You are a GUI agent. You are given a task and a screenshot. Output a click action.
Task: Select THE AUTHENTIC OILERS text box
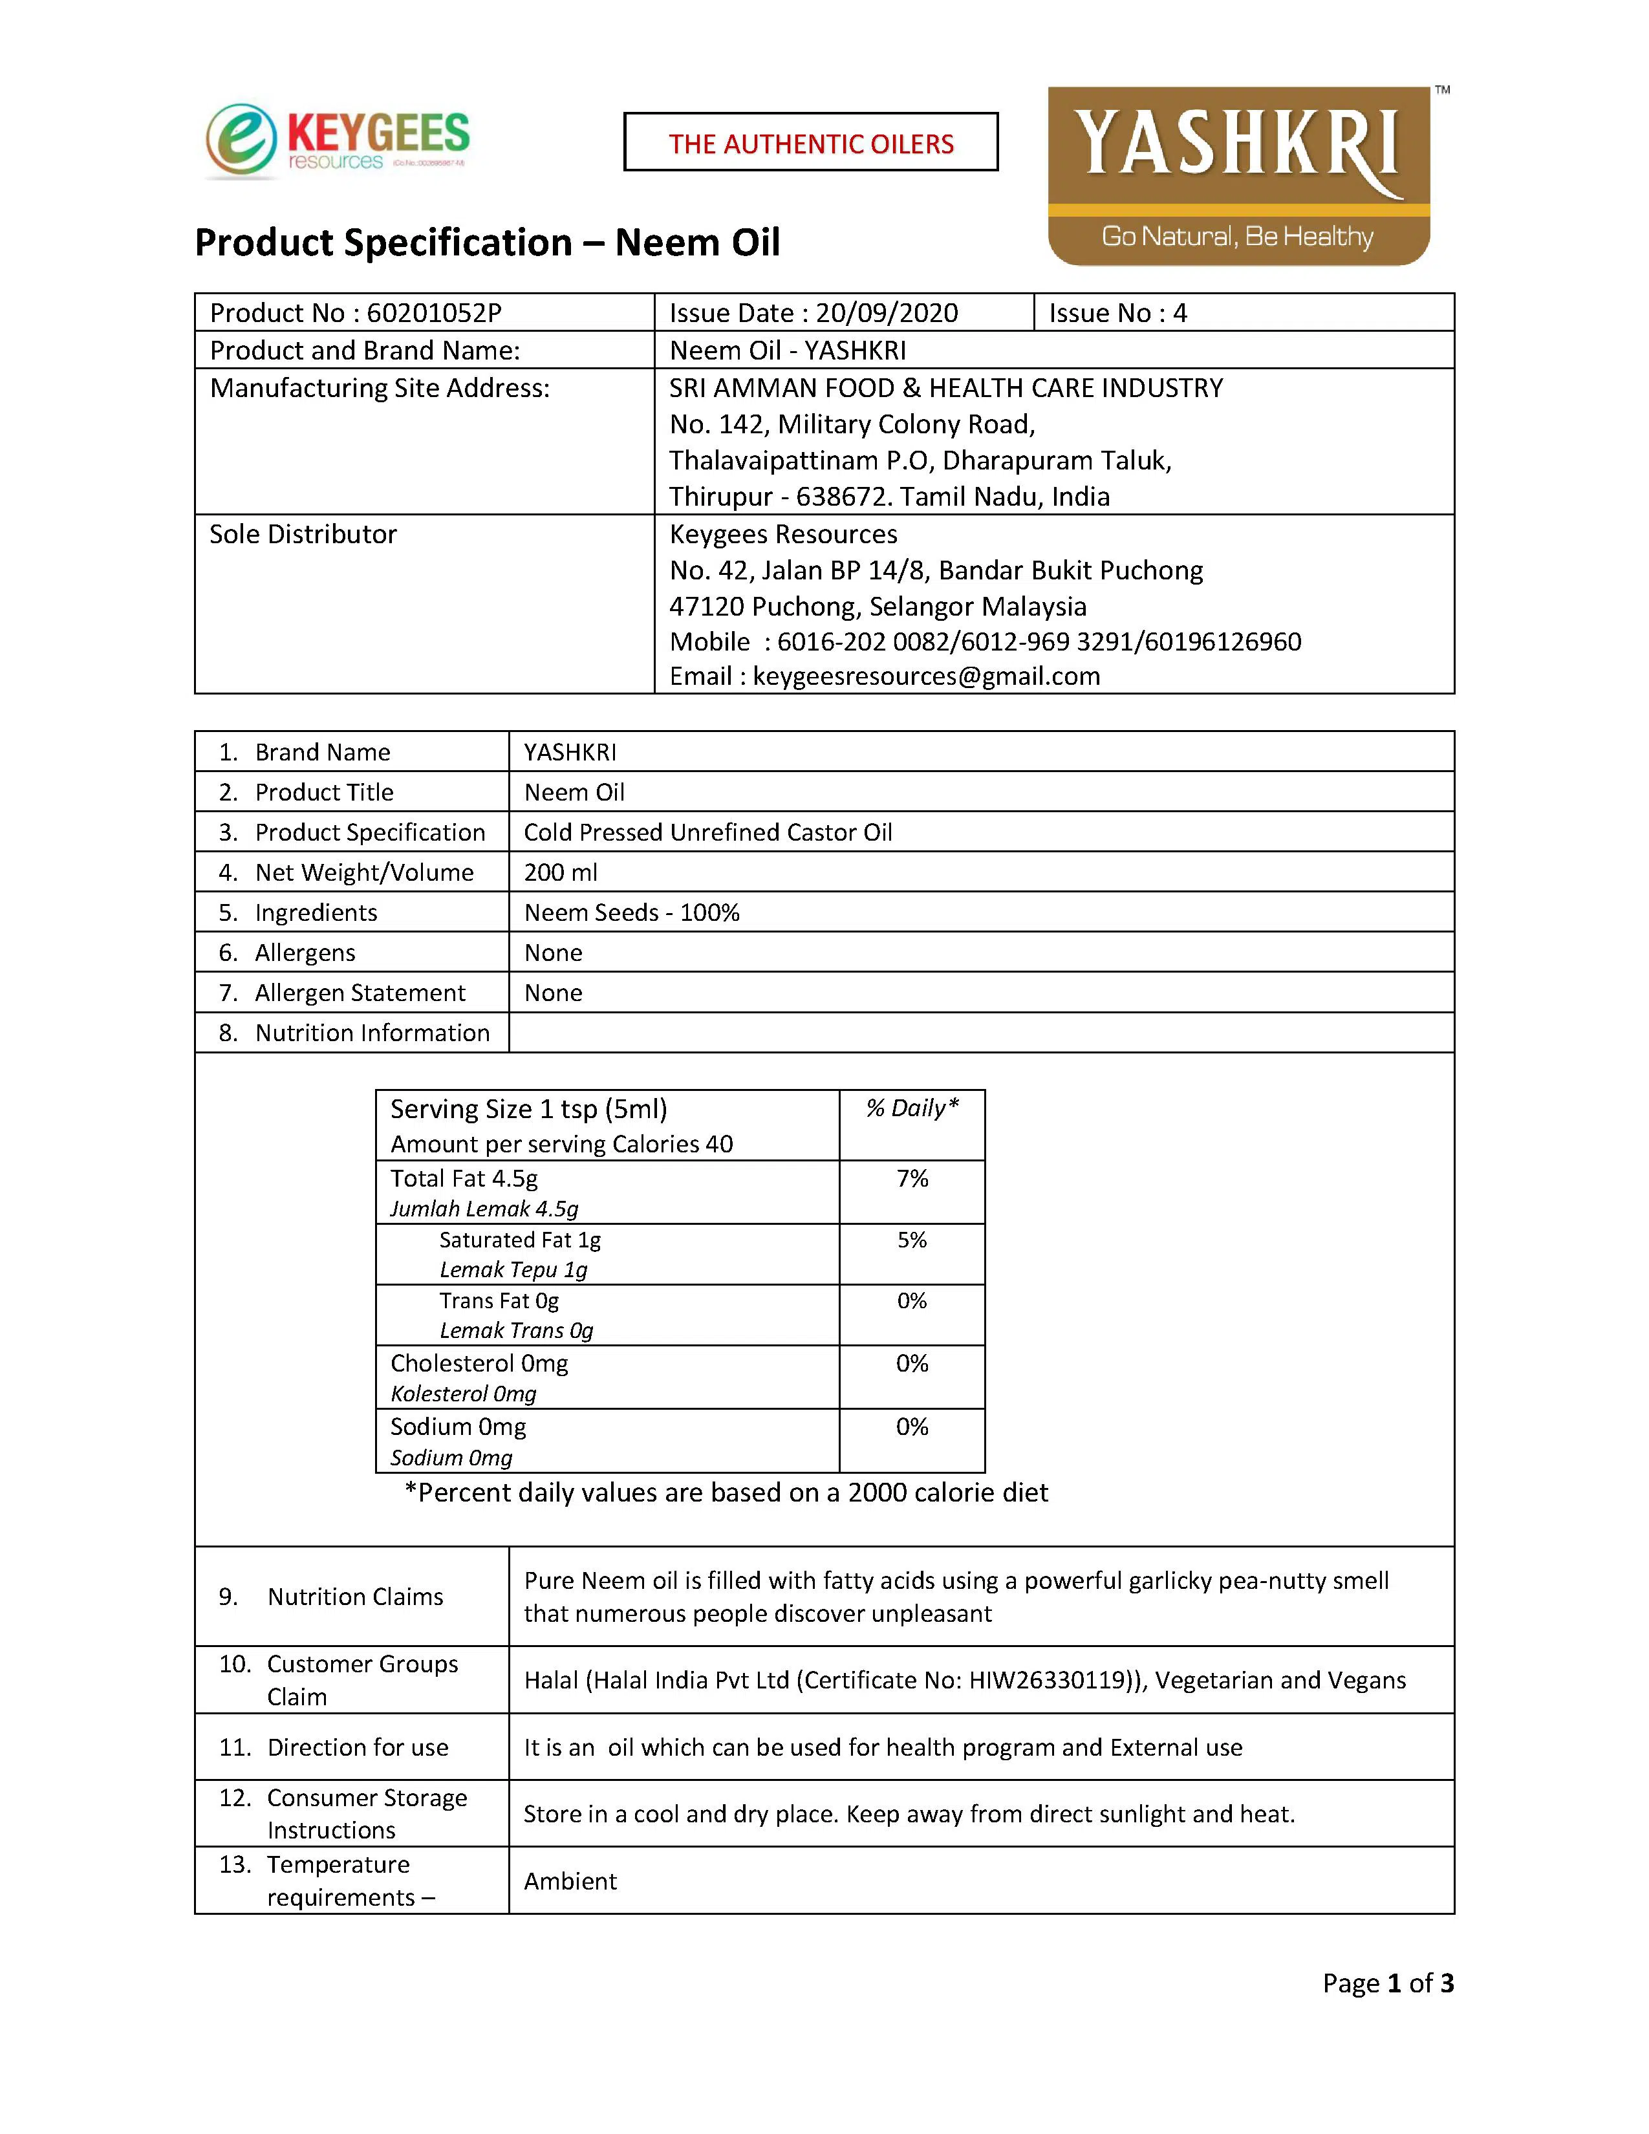[x=811, y=143]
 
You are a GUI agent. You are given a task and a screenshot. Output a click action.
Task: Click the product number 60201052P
[x=434, y=313]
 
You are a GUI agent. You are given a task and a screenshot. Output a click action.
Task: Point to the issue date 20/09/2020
[x=886, y=313]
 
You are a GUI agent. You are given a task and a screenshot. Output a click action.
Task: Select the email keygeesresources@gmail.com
[x=926, y=676]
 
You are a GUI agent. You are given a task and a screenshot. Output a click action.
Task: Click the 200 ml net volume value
[x=561, y=872]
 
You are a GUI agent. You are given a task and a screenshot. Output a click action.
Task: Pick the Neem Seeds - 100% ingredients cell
[x=631, y=912]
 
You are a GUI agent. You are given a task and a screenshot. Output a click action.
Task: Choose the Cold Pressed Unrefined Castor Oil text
[x=707, y=832]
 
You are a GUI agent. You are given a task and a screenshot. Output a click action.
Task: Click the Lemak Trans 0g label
[x=516, y=1331]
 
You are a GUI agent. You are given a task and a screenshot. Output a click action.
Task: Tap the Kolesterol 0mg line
[x=463, y=1394]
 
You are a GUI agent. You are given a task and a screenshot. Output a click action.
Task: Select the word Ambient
[x=570, y=1881]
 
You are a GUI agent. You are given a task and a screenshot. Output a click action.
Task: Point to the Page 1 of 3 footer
[x=1387, y=1983]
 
